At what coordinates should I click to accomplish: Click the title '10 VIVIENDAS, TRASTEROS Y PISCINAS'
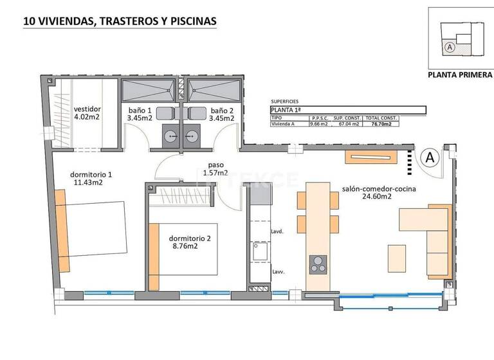click(120, 21)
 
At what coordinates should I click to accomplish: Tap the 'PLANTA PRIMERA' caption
click(460, 75)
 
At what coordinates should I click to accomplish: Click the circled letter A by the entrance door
click(430, 156)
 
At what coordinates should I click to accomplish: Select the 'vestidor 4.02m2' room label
click(87, 113)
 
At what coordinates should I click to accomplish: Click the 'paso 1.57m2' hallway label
click(215, 168)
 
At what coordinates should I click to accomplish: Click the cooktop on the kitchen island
click(318, 264)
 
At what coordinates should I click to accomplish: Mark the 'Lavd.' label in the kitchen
click(278, 231)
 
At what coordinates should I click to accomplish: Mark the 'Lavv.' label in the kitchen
click(279, 272)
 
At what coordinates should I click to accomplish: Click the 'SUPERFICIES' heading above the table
click(285, 102)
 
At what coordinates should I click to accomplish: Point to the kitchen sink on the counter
click(260, 251)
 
